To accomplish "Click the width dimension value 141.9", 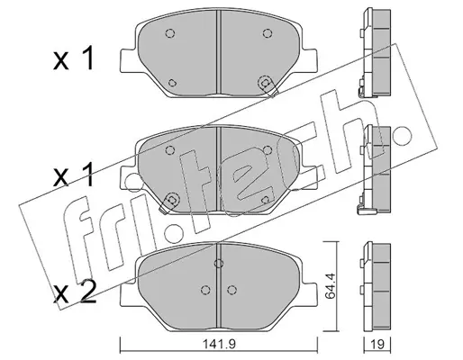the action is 219,344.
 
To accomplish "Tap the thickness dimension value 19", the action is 377,344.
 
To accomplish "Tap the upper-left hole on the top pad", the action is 170,33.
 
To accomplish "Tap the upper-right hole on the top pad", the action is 267,33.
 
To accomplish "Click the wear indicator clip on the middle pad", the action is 169,202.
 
